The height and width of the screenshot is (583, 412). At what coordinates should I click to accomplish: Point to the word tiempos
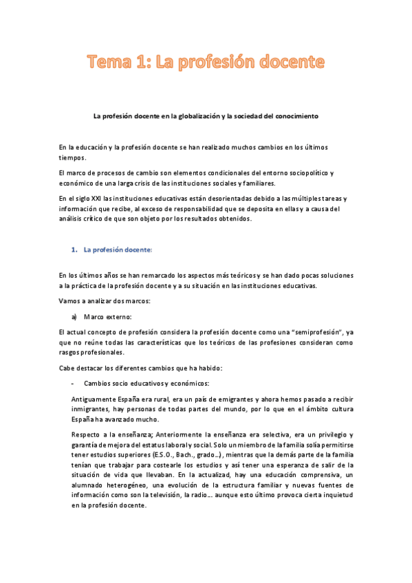click(x=74, y=157)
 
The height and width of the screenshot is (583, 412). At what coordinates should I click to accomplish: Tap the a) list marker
click(x=74, y=316)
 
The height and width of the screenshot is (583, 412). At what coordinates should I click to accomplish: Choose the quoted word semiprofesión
click(x=296, y=332)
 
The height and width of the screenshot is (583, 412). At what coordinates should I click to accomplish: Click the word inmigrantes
click(x=93, y=409)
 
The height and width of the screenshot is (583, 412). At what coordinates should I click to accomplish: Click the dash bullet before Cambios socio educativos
click(x=73, y=383)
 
